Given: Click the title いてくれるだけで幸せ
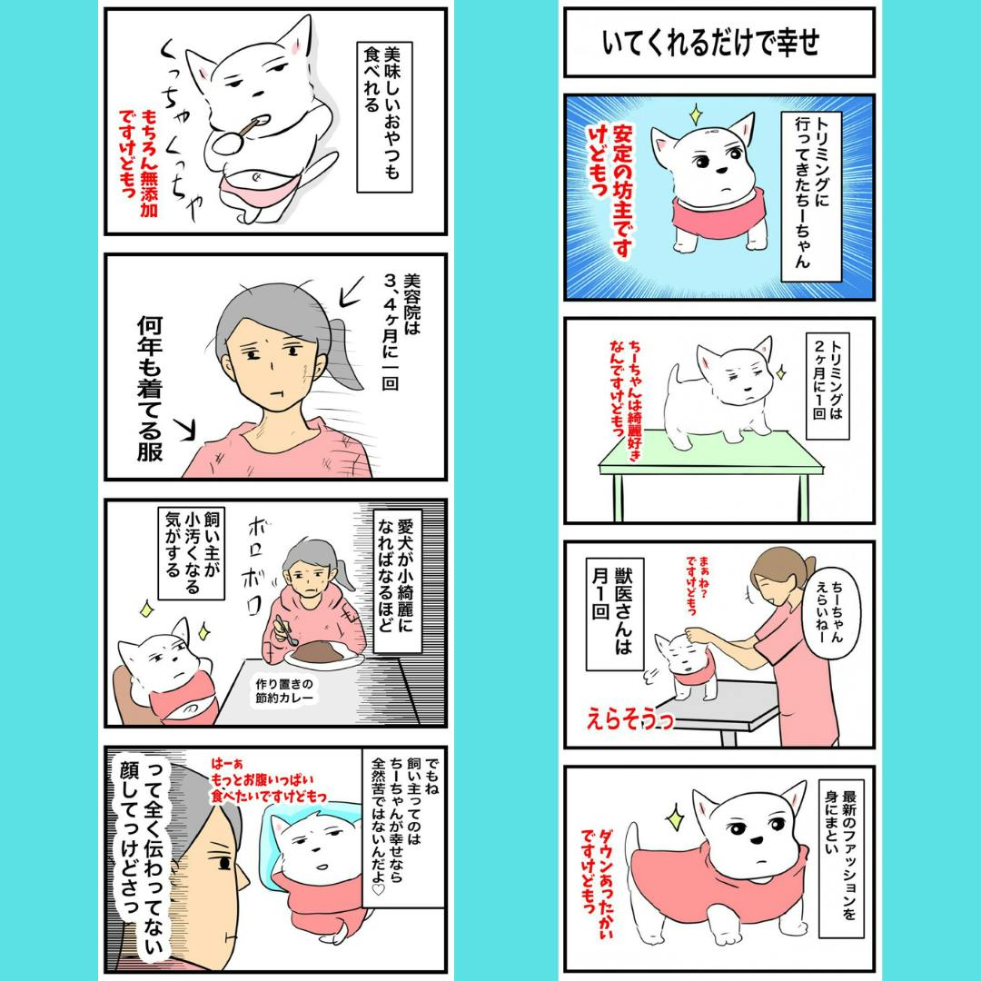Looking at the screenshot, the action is coord(710,44).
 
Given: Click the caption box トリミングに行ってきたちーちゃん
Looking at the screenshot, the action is coord(811,196).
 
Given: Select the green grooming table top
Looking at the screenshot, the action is coord(710,451).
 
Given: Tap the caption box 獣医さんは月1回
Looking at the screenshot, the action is coord(614,614).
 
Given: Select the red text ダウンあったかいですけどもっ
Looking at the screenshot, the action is coord(598,883).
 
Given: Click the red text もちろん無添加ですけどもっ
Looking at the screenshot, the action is coord(138,163).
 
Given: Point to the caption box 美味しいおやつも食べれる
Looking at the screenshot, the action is coord(383,117).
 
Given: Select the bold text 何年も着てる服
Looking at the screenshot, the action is coord(150,389).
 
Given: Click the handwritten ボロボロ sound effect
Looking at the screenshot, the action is coord(255,566).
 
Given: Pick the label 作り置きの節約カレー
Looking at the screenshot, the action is coord(284,690).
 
